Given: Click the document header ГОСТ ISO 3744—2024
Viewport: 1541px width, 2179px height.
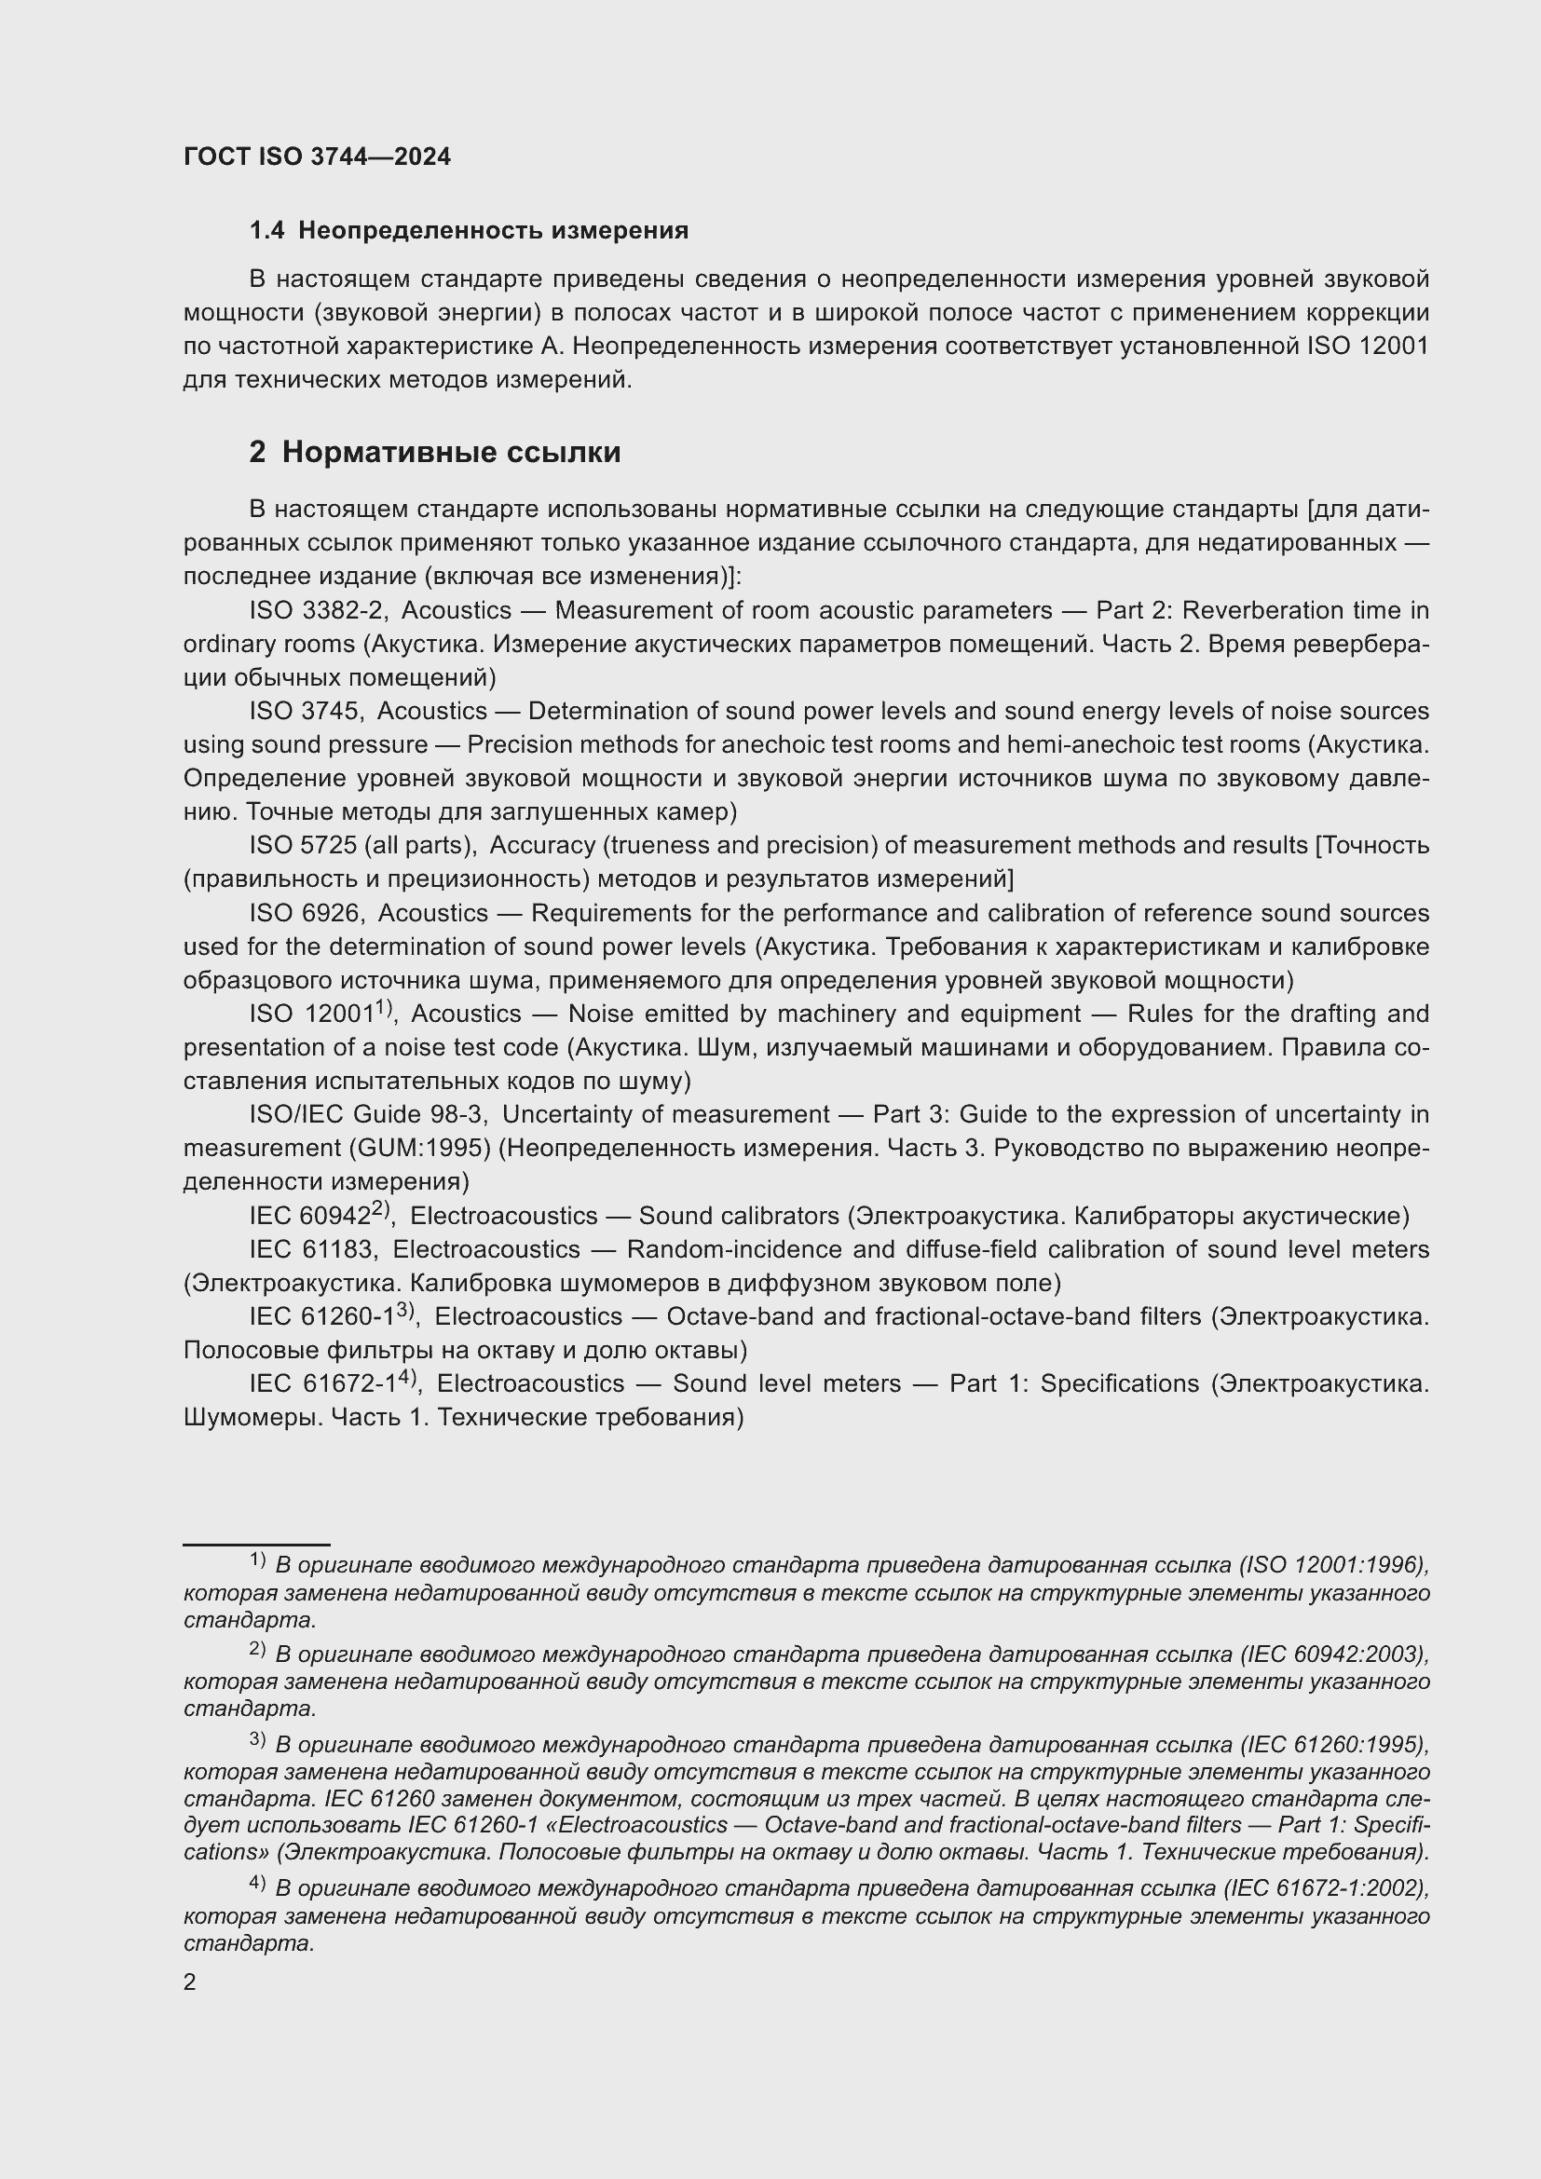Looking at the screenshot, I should (x=317, y=157).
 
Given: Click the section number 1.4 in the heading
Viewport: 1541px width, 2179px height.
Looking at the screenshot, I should (x=266, y=231).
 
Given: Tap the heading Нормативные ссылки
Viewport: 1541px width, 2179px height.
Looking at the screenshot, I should (x=451, y=452).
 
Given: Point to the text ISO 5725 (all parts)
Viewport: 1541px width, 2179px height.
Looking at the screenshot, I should (x=361, y=845).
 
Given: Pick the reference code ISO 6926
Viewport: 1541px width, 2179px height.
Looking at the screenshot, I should (x=304, y=913).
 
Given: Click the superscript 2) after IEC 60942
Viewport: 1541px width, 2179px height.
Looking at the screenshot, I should (x=380, y=1208).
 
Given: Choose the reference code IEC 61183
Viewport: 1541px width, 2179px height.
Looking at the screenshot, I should (x=311, y=1249).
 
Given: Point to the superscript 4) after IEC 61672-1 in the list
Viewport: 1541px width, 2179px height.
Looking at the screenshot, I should (x=408, y=1376).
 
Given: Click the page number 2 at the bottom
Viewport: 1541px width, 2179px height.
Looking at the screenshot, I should (x=190, y=1982).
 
